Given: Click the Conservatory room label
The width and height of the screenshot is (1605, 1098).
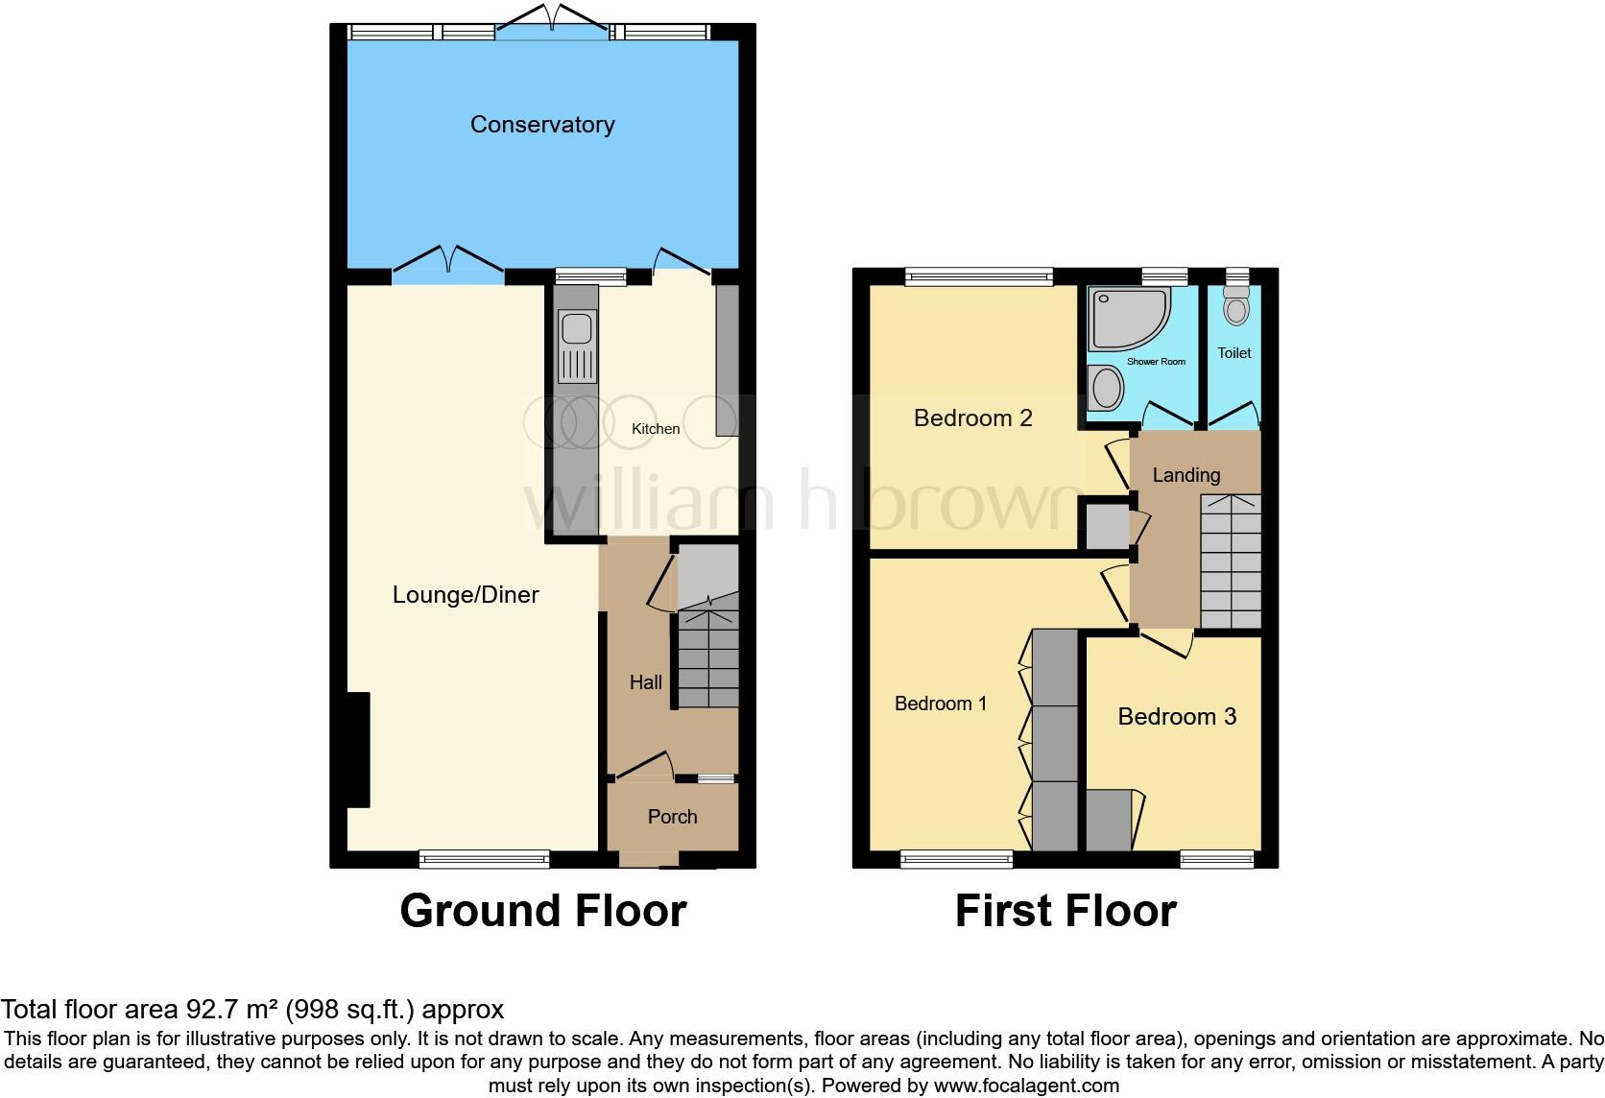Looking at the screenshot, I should pos(541,125).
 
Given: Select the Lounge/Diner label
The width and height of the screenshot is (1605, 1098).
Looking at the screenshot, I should pos(466,595).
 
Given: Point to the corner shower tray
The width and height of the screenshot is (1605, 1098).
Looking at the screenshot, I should pos(1125,318).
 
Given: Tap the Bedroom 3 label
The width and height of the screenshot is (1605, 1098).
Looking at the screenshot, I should pos(1177,717).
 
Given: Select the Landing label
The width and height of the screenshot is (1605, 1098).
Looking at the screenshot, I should pos(1186,475).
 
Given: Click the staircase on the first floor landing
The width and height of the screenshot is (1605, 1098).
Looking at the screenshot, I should pos(1231,561).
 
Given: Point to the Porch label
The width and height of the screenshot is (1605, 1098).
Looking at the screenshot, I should pos(672,817).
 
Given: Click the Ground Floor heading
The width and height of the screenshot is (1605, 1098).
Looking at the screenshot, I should pos(542,911).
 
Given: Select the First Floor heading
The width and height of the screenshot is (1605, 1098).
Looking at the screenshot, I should pos(1066,911).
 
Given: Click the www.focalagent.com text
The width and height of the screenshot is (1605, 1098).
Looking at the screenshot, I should pos(1026,1086).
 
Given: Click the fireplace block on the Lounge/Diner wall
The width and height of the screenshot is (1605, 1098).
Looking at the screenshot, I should pos(358,750).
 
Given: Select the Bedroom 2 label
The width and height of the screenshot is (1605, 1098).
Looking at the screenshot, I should pos(972,418).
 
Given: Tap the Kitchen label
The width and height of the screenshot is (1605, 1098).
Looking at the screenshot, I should pos(656,429).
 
